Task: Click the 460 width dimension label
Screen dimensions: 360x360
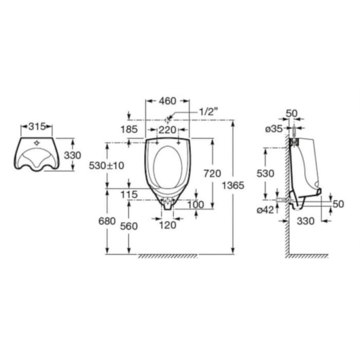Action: [x=168, y=101]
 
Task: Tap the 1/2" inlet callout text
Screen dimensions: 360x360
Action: [x=208, y=112]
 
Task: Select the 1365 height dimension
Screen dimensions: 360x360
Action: [x=233, y=185]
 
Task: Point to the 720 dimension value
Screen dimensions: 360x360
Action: [x=213, y=174]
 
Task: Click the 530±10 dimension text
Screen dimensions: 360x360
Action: [x=107, y=166]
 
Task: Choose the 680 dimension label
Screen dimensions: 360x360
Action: [x=107, y=221]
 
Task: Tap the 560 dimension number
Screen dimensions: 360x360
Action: [x=129, y=226]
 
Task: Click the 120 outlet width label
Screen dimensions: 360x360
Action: [x=168, y=226]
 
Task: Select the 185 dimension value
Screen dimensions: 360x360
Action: [x=129, y=130]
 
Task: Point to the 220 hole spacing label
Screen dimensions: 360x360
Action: [x=168, y=130]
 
